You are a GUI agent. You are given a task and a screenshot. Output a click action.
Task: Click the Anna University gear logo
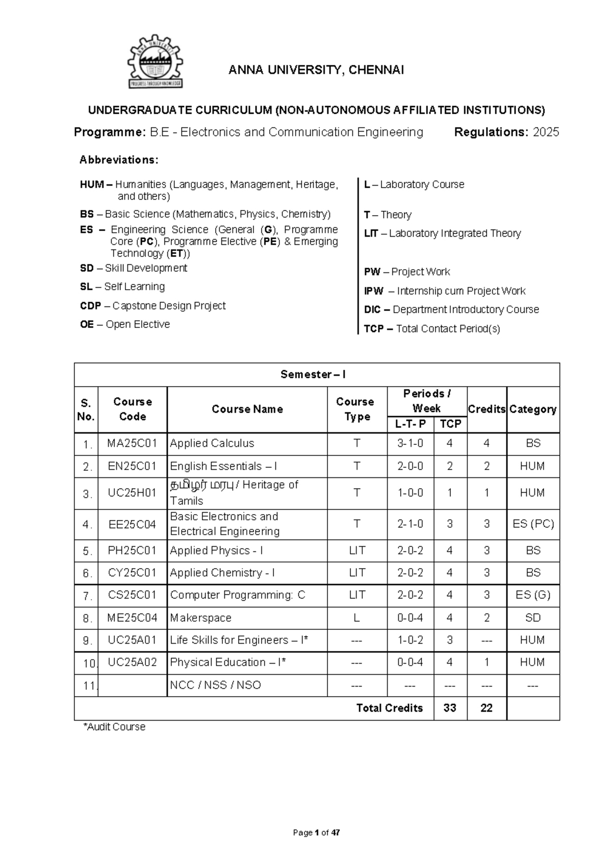point(155,61)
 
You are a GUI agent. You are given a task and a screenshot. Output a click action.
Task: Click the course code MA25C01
point(132,443)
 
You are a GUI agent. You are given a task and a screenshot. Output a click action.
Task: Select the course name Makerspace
point(200,618)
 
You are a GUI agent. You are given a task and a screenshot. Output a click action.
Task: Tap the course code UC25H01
point(132,493)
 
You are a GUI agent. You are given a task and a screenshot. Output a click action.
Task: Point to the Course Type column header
point(355,409)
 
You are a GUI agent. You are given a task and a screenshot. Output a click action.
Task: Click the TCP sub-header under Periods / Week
point(450,424)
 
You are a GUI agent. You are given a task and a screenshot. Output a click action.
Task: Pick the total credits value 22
point(487,708)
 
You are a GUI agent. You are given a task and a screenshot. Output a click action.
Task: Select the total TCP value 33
point(450,708)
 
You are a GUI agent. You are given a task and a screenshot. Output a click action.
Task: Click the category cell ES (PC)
point(533,524)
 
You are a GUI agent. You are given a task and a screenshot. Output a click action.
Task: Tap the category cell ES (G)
point(533,595)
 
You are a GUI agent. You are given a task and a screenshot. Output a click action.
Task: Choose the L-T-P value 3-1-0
point(410,443)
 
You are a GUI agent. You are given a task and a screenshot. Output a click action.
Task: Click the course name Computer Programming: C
point(238,595)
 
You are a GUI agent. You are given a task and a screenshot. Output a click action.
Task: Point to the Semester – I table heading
point(313,374)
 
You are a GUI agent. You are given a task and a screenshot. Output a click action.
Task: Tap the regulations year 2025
point(546,132)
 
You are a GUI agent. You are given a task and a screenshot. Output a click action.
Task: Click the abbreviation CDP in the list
point(91,306)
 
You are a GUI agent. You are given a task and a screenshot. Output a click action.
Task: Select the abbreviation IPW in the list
point(374,291)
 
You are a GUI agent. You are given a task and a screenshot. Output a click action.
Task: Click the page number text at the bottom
point(316,833)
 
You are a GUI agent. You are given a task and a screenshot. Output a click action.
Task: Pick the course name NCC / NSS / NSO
point(215,685)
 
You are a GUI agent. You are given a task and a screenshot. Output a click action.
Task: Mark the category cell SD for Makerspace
point(533,618)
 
